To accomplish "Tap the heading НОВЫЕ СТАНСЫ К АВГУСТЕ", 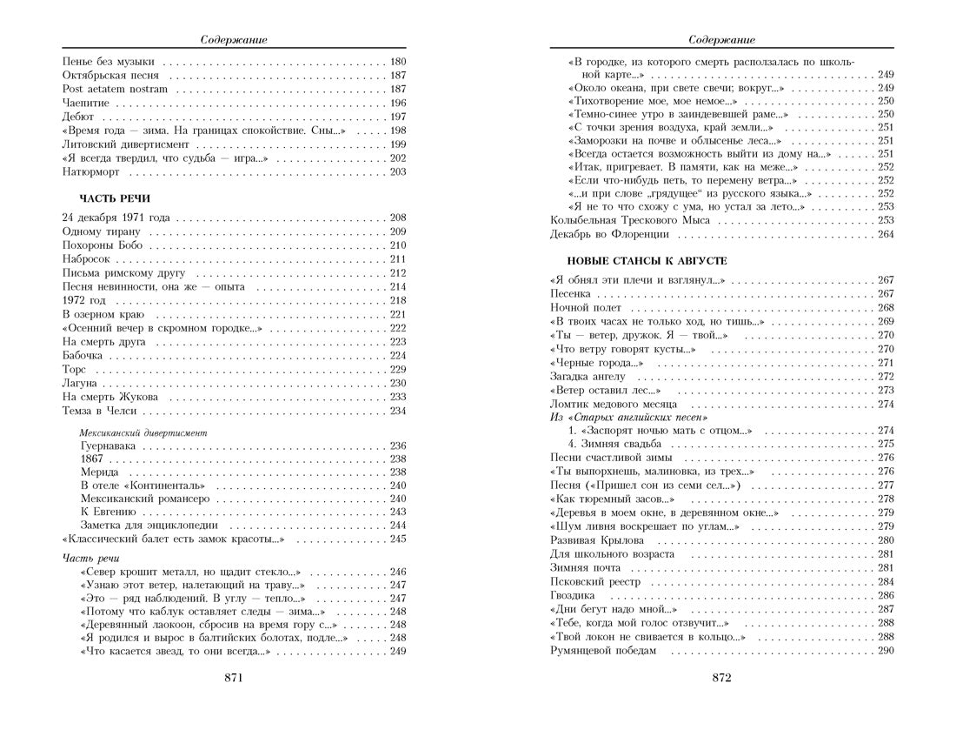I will pos(647,260).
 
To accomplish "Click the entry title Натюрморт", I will pos(90,172).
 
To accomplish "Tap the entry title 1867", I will pos(92,459).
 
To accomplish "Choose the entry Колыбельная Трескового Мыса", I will pos(630,220).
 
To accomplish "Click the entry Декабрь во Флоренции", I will pos(609,234).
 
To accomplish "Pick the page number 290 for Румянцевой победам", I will pos(886,651).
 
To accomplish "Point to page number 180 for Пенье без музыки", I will pos(398,62).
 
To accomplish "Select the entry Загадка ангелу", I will pos(588,376).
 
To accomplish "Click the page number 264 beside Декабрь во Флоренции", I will pos(886,234).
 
